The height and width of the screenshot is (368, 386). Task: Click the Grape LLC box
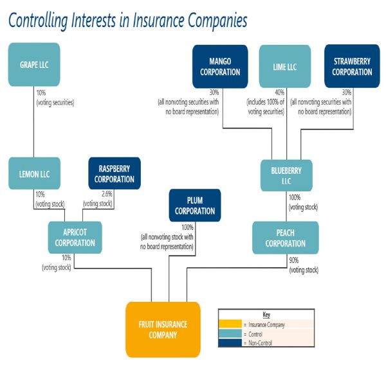pyautogui.click(x=34, y=65)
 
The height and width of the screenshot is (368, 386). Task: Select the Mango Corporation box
pyautogui.click(x=220, y=67)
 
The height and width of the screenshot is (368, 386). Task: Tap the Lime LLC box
pyautogui.click(x=285, y=66)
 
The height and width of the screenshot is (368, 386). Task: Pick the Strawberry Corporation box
pyautogui.click(x=352, y=66)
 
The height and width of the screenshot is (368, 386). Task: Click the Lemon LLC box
pyautogui.click(x=35, y=173)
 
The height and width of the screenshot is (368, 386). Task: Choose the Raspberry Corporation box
pyautogui.click(x=115, y=173)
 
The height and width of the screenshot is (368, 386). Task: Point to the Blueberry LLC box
pyautogui.click(x=286, y=175)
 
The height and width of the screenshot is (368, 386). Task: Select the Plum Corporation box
pyautogui.click(x=195, y=206)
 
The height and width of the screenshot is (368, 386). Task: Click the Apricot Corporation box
pyautogui.click(x=75, y=238)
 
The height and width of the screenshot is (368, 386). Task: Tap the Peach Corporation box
pyautogui.click(x=285, y=238)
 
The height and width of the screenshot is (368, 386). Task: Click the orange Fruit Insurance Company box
pyautogui.click(x=163, y=329)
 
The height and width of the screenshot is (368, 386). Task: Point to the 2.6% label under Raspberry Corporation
pyautogui.click(x=107, y=194)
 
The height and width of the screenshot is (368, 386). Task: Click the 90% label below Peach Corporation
pyautogui.click(x=294, y=260)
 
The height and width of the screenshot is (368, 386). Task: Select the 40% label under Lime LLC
pyautogui.click(x=279, y=92)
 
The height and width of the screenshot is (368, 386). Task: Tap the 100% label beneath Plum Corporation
pyautogui.click(x=187, y=227)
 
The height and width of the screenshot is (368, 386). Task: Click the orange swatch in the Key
pyautogui.click(x=230, y=324)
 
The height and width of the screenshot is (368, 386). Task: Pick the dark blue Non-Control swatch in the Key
pyautogui.click(x=230, y=343)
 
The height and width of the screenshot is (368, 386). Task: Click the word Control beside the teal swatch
pyautogui.click(x=255, y=335)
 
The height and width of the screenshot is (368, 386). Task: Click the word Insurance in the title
pyautogui.click(x=158, y=20)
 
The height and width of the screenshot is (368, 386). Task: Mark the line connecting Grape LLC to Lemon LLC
pyautogui.click(x=34, y=122)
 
